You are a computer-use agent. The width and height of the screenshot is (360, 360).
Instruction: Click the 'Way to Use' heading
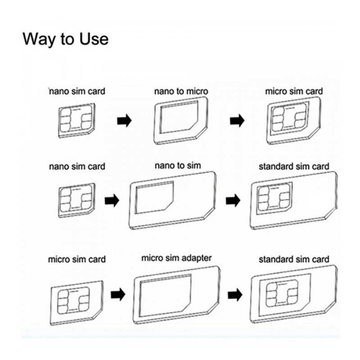[x=65, y=39]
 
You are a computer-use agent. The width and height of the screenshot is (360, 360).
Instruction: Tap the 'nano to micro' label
[x=181, y=91]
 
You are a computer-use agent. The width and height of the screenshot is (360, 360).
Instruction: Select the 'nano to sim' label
[x=178, y=165]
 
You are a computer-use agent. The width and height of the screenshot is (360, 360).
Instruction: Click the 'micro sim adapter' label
[x=176, y=258]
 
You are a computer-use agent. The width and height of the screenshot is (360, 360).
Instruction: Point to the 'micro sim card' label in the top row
[x=294, y=91]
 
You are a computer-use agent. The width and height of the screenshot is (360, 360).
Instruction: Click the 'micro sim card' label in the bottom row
[x=77, y=259]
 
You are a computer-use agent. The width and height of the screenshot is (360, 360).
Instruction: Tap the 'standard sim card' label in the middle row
[x=294, y=166]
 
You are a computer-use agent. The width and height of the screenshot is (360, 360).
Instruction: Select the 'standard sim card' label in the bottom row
[x=294, y=259]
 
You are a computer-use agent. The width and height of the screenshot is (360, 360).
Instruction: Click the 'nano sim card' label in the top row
[x=77, y=91]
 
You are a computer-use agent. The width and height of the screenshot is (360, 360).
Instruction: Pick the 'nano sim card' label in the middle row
[x=77, y=166]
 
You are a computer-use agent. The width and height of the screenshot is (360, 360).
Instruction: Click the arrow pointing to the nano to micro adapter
[x=124, y=120]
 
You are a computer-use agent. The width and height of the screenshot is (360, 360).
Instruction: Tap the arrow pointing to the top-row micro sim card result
[x=237, y=120]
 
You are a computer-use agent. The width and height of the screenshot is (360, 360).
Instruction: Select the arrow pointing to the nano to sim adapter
[x=112, y=201]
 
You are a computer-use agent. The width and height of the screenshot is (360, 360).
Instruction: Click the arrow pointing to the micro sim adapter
[x=118, y=294]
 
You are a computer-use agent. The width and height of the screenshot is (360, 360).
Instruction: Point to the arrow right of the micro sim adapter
[x=235, y=295]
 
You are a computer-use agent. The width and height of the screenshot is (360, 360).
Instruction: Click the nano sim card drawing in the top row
[x=77, y=120]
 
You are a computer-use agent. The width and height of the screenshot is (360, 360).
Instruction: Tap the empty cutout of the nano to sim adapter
[x=154, y=197]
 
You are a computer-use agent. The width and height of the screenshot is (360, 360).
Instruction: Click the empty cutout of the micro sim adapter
[x=165, y=296]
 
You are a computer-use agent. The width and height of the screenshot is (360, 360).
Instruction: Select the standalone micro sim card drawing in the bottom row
[x=77, y=302]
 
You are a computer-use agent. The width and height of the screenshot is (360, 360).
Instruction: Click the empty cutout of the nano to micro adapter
[x=179, y=117]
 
